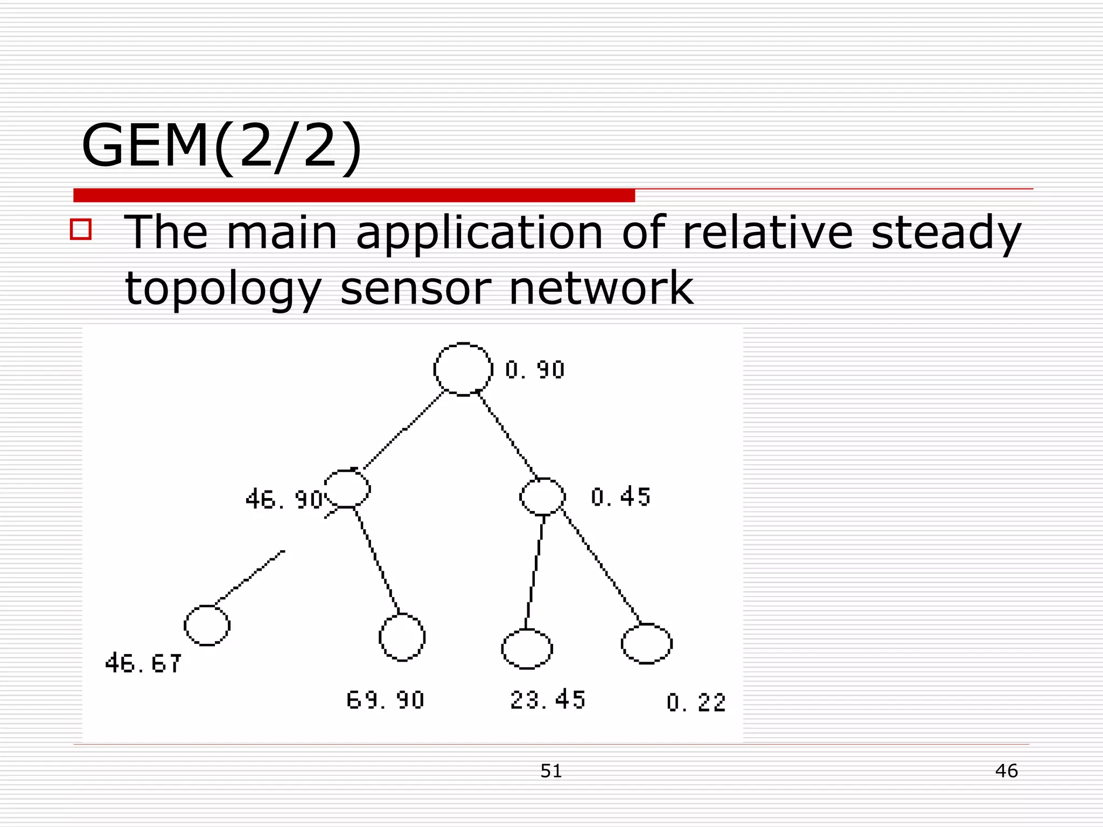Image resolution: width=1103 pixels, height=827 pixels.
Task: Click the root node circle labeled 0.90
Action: (463, 369)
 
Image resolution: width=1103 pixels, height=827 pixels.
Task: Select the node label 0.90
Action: (535, 370)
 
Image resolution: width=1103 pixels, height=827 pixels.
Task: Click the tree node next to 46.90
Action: (348, 489)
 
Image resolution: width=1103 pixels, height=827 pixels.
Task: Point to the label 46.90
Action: (284, 500)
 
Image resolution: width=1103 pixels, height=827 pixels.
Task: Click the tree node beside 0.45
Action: (543, 496)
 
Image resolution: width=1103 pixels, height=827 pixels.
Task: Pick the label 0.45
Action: (620, 497)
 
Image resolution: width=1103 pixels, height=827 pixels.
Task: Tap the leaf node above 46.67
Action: (207, 625)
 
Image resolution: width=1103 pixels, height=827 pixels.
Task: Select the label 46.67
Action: (143, 663)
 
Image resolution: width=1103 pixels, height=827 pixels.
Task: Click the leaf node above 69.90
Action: (402, 637)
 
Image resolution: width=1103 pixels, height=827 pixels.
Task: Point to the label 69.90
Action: (386, 700)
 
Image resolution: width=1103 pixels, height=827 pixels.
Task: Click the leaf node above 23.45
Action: (527, 649)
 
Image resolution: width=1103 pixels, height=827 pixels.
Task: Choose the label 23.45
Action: (548, 700)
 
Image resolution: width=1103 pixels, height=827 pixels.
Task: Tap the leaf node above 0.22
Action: (647, 644)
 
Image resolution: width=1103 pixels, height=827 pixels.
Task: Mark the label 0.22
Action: (696, 703)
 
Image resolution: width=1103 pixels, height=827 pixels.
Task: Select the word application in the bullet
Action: (479, 234)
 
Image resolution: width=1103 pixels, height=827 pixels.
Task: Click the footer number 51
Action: (551, 771)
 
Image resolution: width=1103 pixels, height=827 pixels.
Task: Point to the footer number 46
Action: (1006, 771)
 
